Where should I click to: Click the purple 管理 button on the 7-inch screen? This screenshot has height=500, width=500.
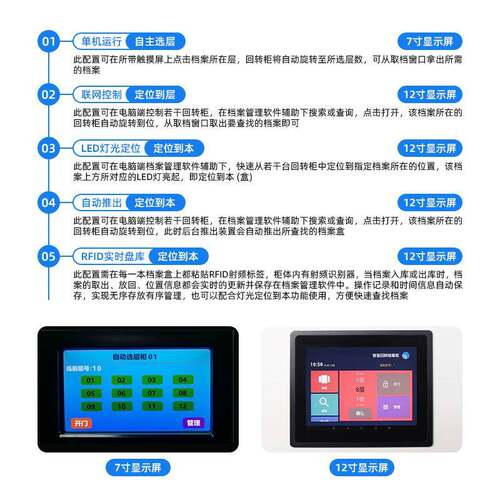click(192, 422)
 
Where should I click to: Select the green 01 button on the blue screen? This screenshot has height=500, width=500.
click(90, 380)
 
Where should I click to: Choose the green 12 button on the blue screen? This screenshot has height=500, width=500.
click(181, 406)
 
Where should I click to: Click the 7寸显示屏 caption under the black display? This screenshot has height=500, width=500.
click(137, 467)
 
